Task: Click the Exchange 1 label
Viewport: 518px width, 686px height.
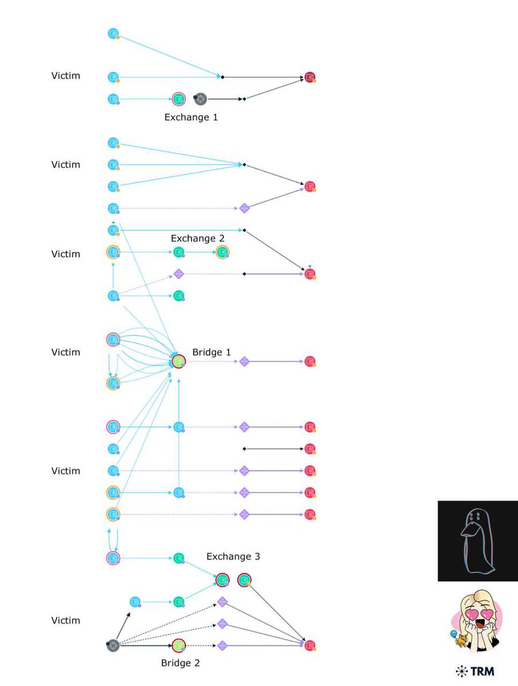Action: (191, 118)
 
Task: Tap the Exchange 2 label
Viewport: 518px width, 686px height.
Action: (197, 238)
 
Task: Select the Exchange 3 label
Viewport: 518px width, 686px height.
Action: (233, 556)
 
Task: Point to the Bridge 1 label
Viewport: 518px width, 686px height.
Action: (212, 352)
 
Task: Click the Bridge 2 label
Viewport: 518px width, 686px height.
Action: (180, 663)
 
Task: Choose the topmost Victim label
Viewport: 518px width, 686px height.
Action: (66, 75)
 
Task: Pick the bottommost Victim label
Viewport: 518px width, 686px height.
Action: (66, 620)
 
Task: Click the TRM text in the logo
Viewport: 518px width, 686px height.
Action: (483, 671)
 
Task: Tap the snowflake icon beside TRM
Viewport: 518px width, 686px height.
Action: (461, 671)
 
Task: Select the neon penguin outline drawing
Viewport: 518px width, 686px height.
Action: (477, 541)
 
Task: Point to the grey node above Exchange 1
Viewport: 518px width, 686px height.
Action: (200, 99)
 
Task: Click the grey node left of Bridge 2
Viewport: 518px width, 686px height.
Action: (113, 645)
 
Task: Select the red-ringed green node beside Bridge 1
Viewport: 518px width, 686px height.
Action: (179, 361)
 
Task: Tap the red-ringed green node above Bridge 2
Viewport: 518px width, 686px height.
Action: (179, 645)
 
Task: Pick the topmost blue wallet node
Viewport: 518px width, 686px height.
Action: (113, 33)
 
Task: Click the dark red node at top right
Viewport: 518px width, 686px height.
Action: (310, 77)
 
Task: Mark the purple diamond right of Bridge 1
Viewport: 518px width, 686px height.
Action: (244, 361)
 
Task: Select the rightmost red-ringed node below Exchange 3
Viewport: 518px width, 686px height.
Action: (245, 580)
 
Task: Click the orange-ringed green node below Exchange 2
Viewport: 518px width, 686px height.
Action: (222, 252)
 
